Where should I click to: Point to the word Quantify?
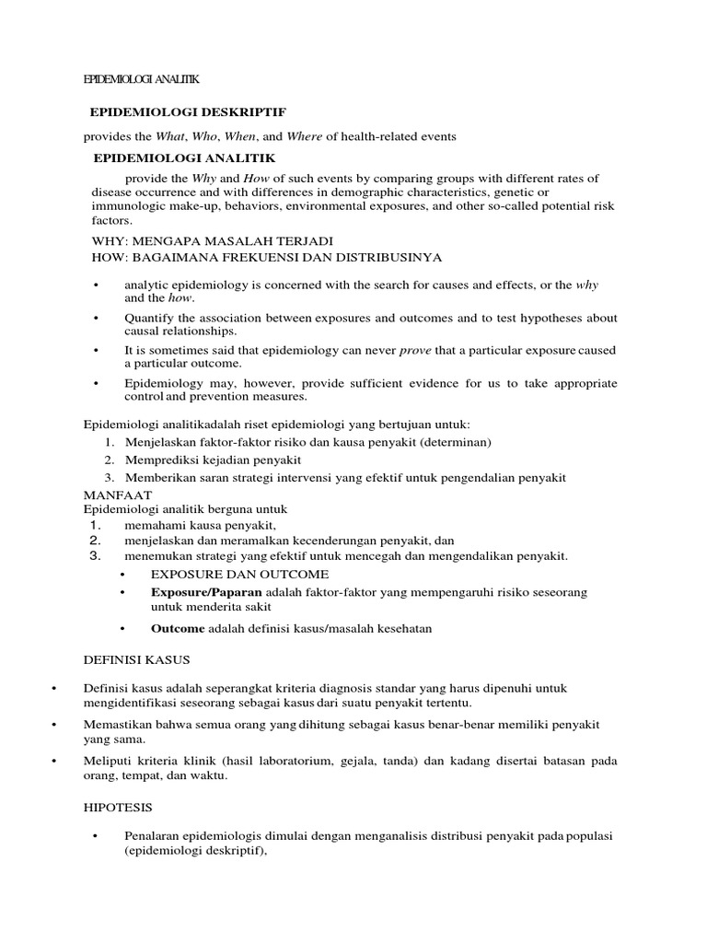[149, 318]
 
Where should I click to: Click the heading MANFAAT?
[118, 495]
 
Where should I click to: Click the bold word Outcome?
[178, 629]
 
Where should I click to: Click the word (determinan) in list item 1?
[452, 442]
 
